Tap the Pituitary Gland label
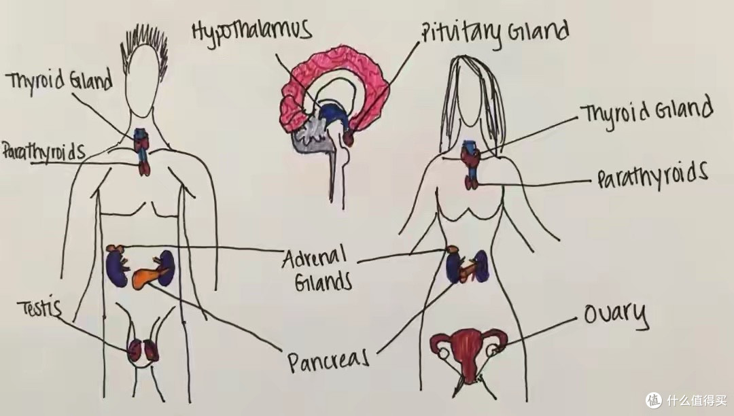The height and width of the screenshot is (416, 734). [494, 33]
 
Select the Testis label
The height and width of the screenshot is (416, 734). [40, 308]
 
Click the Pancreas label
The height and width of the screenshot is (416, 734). [328, 361]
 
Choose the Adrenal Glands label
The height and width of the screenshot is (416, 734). [317, 269]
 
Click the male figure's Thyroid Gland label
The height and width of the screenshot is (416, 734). [59, 81]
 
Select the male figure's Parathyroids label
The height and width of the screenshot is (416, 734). [43, 152]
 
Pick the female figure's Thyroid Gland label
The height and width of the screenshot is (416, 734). [646, 112]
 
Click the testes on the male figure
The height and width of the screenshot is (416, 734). [143, 349]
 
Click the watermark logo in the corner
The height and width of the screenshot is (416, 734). [654, 400]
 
